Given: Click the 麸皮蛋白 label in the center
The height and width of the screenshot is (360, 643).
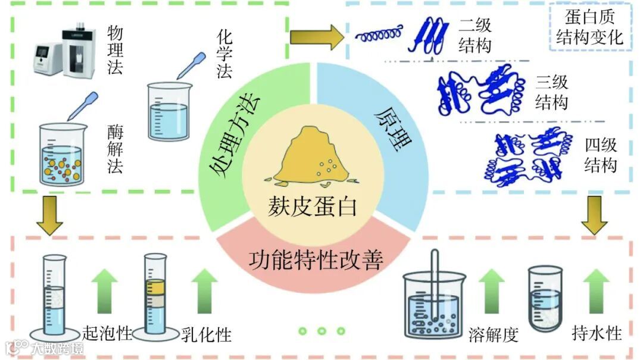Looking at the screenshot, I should pyautogui.click(x=313, y=206).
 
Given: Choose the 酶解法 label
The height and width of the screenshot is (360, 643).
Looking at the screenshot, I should pyautogui.click(x=115, y=149).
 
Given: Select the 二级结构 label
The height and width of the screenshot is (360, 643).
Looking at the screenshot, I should pyautogui.click(x=475, y=36).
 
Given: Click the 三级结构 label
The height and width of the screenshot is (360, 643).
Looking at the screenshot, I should pyautogui.click(x=551, y=92).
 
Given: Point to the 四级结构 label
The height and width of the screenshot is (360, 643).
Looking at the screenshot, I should pyautogui.click(x=600, y=155).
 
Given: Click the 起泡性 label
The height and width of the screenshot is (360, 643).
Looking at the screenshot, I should pyautogui.click(x=107, y=334).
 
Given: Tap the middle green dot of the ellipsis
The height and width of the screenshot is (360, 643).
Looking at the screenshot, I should pyautogui.click(x=321, y=331).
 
